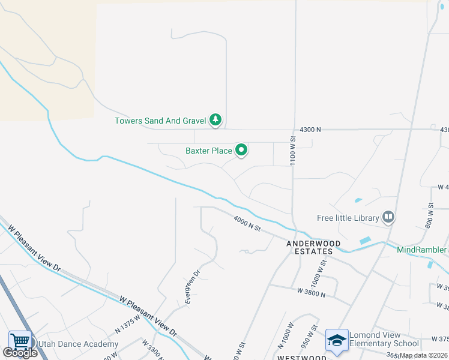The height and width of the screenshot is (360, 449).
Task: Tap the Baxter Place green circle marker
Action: tap(241, 150)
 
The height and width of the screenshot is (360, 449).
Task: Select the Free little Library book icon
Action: tap(388, 217)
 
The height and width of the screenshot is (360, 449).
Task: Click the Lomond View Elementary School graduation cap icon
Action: tap(337, 340)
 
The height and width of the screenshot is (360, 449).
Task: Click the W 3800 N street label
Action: tap(311, 294)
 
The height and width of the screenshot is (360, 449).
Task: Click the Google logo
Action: tap(20, 353)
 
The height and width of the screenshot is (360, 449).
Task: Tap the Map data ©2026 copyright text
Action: tap(423, 355)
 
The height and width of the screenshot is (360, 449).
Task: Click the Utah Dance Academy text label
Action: tap(78, 344)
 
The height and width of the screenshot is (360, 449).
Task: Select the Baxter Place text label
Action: tap(208, 151)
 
